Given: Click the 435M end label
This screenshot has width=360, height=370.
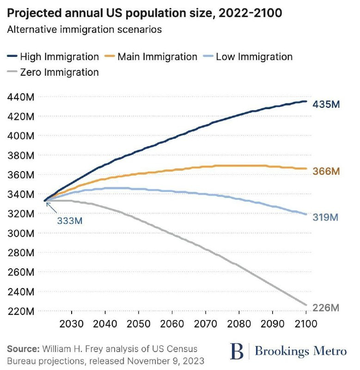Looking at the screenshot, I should pos(326,104).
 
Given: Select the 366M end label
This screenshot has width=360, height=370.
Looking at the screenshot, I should pos(326,172).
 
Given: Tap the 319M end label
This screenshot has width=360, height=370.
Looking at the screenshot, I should pos(326,217).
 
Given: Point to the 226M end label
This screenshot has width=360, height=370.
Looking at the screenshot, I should pos(326,308).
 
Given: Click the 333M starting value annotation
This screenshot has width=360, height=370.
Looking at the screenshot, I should pos(70,221).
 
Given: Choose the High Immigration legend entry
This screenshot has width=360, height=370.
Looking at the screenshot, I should pos(53,57).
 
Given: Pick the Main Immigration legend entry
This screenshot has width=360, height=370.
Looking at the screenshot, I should pos(151,57).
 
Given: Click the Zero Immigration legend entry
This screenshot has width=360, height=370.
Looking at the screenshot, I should pos(53,72).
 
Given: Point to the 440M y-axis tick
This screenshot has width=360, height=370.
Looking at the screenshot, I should pos(22,97).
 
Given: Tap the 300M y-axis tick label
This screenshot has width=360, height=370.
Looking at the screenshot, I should pos(22,233).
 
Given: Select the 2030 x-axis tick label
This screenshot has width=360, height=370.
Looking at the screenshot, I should pos(72,323).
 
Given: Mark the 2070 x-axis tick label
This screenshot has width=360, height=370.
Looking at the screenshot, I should pos(205,323).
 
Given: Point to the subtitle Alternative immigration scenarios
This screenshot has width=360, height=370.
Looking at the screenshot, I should pos(84,30).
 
